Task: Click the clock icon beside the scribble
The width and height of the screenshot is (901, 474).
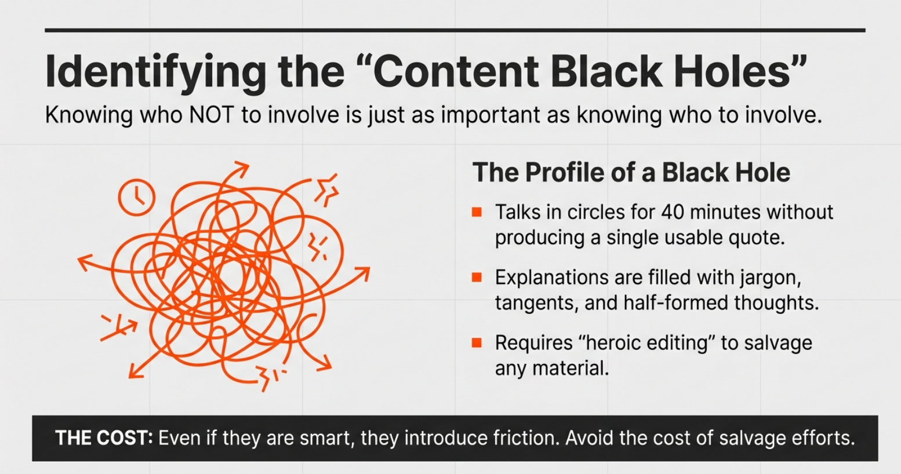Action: click(137, 198)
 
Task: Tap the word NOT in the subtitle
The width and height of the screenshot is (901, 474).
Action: click(212, 115)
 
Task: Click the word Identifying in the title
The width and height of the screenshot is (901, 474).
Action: click(155, 71)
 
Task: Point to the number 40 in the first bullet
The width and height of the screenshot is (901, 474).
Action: click(673, 212)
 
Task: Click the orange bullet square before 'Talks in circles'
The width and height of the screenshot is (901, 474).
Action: click(477, 212)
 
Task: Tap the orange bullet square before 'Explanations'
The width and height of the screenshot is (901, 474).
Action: click(477, 278)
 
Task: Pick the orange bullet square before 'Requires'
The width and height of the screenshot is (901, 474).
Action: click(477, 343)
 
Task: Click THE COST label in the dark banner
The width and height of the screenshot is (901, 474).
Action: click(104, 438)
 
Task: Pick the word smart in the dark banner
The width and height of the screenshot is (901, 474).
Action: click(327, 438)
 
